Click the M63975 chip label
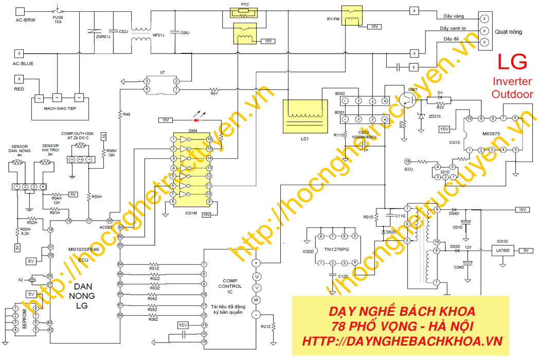click(491, 135)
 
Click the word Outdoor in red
click(512, 94)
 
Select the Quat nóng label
click(508, 32)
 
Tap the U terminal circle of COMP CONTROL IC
click(256, 276)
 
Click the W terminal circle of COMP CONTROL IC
click(256, 301)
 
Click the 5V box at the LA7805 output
click(526, 250)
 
